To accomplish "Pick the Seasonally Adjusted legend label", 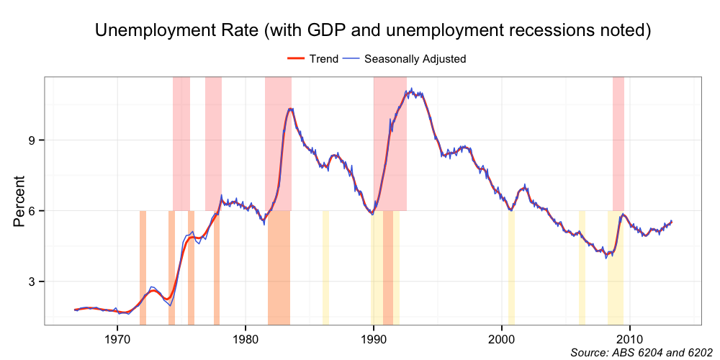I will (x=415, y=58).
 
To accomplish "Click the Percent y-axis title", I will (x=19, y=201).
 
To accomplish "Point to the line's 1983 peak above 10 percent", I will (x=290, y=109).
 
